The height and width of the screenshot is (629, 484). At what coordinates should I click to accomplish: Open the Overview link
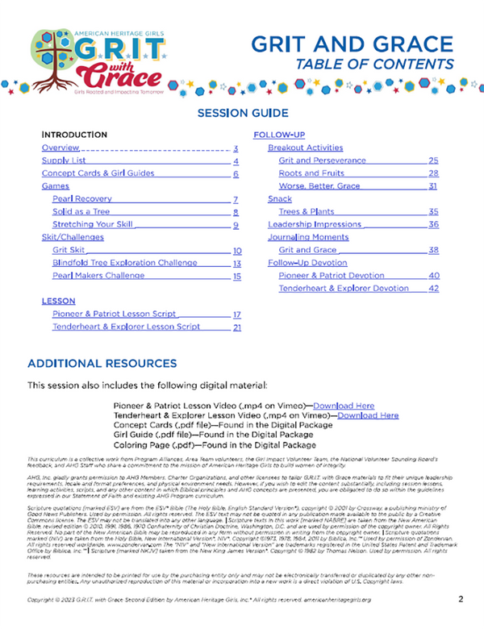60,148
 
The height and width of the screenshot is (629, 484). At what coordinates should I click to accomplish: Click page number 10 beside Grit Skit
237,251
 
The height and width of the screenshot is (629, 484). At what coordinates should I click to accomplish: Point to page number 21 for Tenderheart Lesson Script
237,327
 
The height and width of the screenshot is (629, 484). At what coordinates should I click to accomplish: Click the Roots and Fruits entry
311,173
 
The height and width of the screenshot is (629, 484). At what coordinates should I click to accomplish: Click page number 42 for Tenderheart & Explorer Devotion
433,288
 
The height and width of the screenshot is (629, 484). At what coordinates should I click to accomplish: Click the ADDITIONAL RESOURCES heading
102,364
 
